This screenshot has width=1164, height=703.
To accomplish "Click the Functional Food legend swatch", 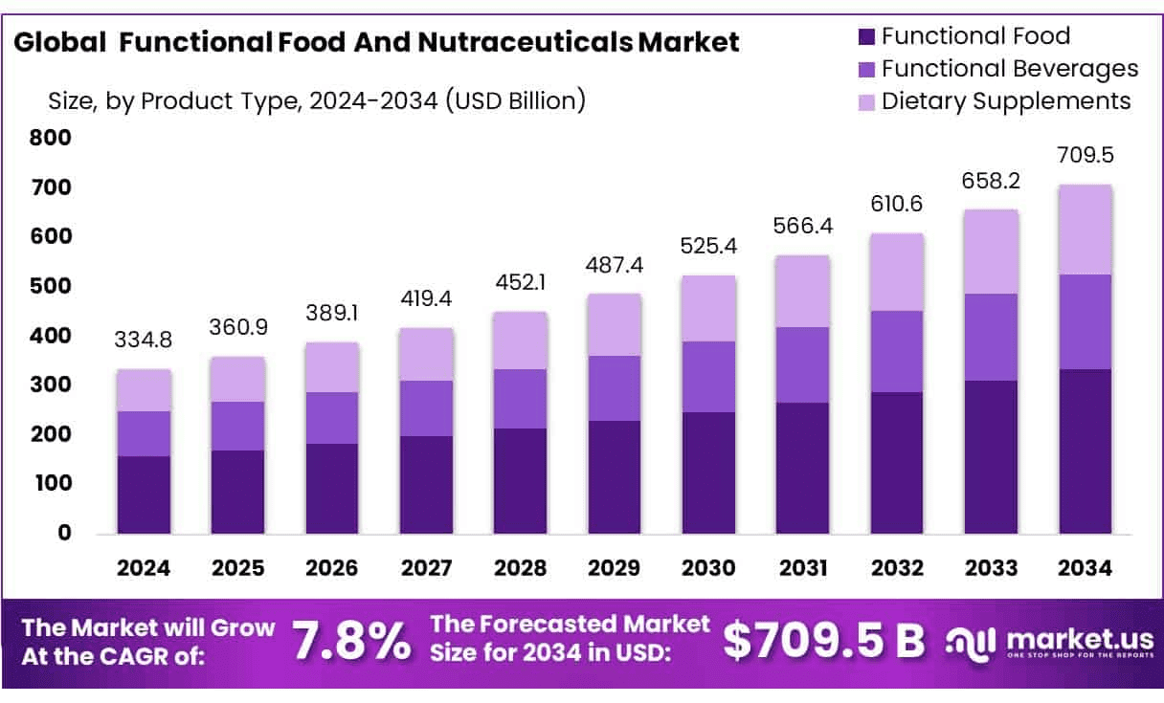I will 865,37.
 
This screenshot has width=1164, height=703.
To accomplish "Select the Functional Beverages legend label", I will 1009,69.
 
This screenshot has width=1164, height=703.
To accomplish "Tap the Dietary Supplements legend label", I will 1005,100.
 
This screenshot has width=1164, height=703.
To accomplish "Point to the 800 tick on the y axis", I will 51,138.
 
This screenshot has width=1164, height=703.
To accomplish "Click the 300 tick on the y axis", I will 51,384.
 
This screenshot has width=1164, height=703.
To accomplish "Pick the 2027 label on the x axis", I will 426,568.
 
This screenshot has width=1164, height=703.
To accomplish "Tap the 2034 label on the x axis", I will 1085,568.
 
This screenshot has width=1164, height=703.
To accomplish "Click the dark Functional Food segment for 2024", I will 144,494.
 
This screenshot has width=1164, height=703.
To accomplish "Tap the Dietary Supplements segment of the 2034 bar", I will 1085,230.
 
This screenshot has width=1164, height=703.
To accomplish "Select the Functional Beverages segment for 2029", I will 615,388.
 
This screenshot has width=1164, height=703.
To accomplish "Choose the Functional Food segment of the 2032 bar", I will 897,462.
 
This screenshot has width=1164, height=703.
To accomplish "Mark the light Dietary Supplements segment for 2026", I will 332,367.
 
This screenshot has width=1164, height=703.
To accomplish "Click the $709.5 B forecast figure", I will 823,641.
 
